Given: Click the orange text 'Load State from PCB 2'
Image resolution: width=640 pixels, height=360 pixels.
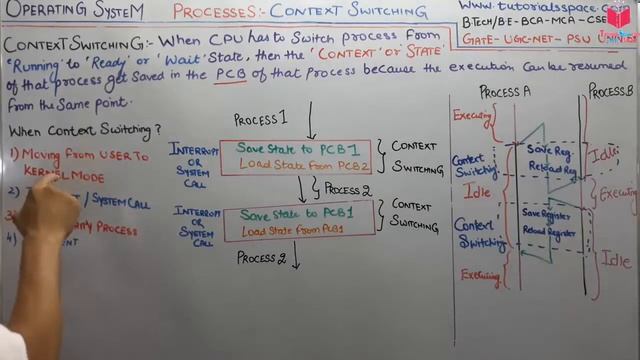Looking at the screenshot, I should point(304,165).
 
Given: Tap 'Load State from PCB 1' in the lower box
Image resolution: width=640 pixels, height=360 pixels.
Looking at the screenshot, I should point(297,230).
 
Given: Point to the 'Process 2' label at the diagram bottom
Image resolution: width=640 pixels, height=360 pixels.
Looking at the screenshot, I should point(261,257).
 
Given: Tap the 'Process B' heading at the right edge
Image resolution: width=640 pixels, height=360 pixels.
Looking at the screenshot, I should point(611,91).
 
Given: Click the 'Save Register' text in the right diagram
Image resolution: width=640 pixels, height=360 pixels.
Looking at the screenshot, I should point(546,213).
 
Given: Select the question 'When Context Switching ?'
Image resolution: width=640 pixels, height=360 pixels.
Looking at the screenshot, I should point(81,130).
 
